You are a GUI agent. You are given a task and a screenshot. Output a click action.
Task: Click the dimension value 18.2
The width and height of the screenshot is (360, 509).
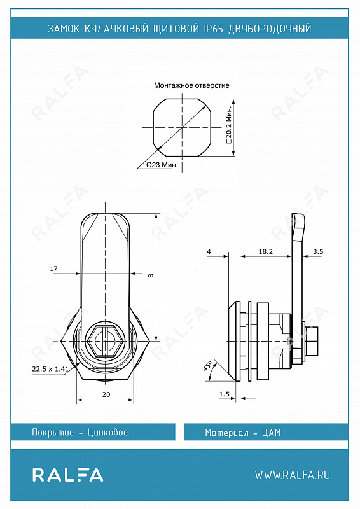coord(265,251)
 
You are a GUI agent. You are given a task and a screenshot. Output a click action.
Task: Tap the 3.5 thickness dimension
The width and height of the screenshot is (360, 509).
coord(318,251)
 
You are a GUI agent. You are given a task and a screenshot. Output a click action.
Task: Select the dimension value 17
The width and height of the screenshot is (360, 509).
coord(53,268)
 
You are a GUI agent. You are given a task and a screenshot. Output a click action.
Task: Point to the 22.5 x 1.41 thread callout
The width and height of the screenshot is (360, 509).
coord(50,369)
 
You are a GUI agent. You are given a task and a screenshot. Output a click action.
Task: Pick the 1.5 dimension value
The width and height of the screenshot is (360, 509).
coord(225,394)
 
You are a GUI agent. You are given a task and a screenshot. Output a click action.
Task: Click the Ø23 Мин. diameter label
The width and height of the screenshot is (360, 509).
coord(162,165)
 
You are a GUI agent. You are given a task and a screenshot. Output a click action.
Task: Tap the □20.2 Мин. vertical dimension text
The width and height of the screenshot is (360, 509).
coord(229,125)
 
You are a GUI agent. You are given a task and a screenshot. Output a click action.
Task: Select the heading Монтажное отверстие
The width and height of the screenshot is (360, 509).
coord(191,85)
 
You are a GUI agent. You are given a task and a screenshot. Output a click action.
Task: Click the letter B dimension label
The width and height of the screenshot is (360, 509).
coord(150,275)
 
